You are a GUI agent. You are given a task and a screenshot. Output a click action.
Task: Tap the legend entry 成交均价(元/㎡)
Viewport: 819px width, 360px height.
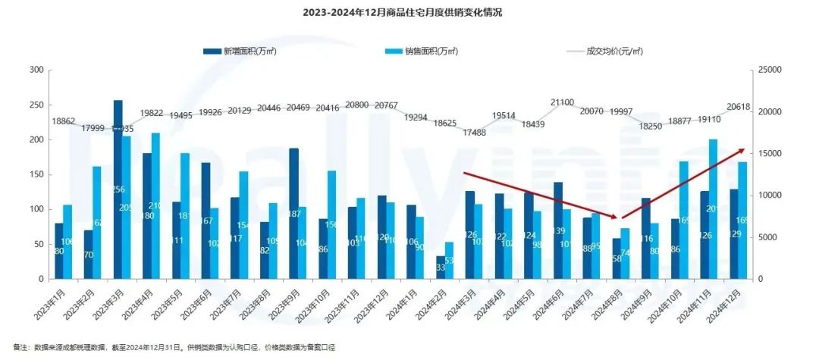[x=615, y=52]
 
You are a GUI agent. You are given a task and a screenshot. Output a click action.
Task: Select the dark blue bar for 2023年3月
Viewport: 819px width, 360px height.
[x=118, y=189]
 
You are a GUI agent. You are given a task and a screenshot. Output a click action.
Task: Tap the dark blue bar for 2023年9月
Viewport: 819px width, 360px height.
[x=293, y=213]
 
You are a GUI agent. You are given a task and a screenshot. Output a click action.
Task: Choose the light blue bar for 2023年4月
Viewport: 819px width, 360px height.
[x=155, y=205]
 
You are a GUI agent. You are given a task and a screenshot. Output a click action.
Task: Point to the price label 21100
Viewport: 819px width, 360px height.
[x=562, y=102]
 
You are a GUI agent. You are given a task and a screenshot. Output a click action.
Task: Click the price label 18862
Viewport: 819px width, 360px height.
[x=64, y=121]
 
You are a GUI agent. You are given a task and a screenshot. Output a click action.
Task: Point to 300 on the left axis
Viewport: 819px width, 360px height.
[x=35, y=70]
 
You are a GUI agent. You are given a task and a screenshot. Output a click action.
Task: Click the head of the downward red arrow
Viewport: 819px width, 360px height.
[x=623, y=218]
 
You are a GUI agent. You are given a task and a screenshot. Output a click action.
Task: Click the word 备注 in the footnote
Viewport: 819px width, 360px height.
[x=20, y=346]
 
